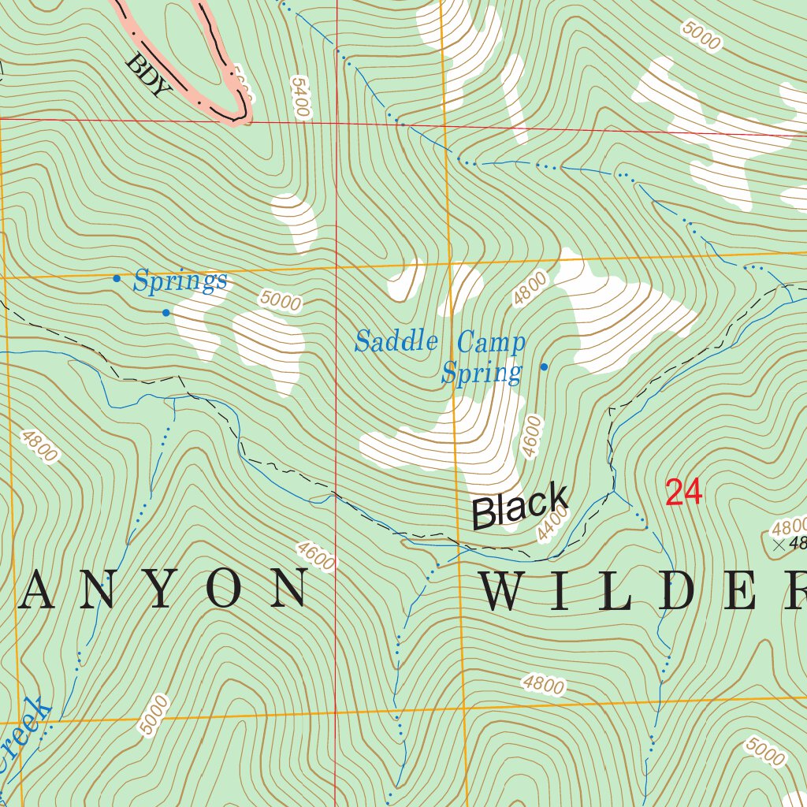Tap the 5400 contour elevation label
(x=299, y=97)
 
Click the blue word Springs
(x=180, y=281)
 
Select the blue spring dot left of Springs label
(x=117, y=278)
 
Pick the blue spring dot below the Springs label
(x=166, y=313)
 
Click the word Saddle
(x=396, y=341)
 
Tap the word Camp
(x=491, y=343)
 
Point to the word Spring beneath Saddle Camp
(x=482, y=372)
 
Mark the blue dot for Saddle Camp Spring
(x=543, y=367)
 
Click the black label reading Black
(x=520, y=506)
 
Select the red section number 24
(x=683, y=493)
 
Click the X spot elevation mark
(x=779, y=544)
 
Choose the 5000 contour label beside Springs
(x=281, y=300)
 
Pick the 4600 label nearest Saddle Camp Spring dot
(x=534, y=437)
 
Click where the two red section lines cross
(x=337, y=123)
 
